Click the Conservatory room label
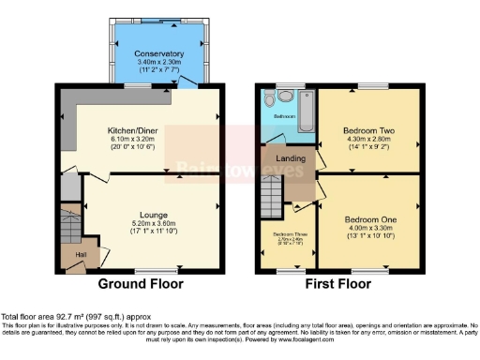158,54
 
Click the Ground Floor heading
142,283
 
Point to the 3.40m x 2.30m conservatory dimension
158,63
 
